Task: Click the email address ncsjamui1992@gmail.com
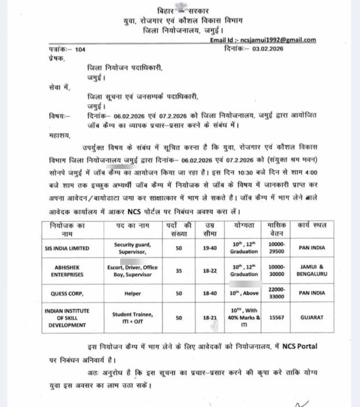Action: [281, 40]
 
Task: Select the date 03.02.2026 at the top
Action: [272, 50]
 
